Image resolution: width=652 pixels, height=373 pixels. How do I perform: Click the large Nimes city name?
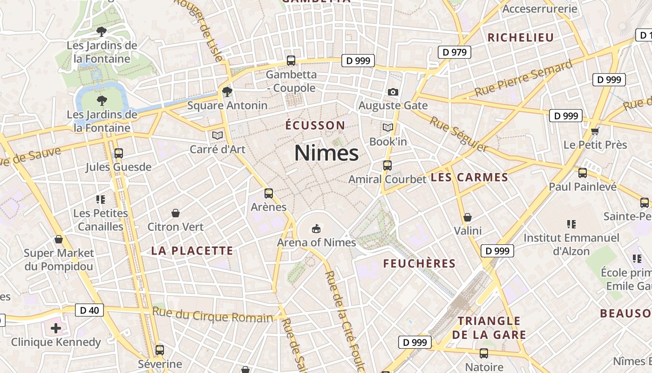coord(326,153)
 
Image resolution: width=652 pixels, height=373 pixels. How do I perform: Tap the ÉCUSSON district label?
coord(315,125)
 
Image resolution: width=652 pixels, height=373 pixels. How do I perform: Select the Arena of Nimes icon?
coord(316,228)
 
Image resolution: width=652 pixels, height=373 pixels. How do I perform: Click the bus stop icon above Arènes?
coord(268,193)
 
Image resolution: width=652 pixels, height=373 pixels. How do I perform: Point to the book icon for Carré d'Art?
coord(217,135)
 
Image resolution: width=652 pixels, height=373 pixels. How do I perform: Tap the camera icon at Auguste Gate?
coord(393,92)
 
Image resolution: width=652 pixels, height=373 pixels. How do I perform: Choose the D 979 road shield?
coord(455,52)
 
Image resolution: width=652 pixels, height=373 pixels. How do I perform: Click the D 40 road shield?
coord(89,310)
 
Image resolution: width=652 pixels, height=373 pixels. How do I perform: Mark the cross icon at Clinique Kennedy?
coord(56,328)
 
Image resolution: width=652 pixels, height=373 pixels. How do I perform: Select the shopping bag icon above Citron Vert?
coord(176,213)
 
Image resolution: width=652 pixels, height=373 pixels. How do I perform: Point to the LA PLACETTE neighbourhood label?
coord(192,251)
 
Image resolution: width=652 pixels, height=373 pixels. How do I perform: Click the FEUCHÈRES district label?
coord(419,263)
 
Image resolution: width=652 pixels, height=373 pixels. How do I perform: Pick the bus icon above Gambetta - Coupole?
coord(291,61)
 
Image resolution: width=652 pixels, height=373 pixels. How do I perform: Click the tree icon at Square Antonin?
coord(227,91)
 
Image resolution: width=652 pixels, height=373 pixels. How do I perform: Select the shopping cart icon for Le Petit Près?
coord(595,131)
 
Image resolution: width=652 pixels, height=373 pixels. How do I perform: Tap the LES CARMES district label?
coord(469,177)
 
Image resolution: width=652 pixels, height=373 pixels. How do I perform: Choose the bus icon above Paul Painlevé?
coord(582,173)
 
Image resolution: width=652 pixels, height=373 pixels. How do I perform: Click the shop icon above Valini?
coord(468,217)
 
